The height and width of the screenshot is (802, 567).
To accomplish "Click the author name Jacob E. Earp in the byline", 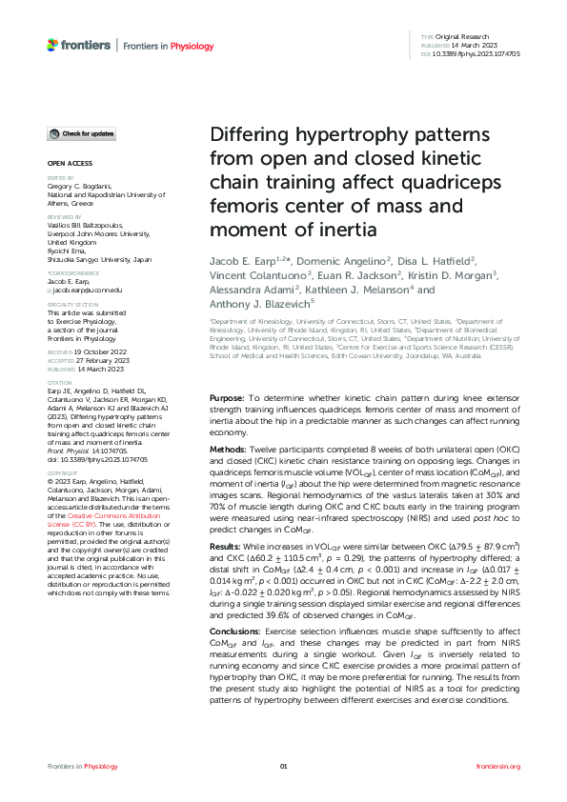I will [249, 261].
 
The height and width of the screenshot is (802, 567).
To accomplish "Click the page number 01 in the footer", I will [283, 766].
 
